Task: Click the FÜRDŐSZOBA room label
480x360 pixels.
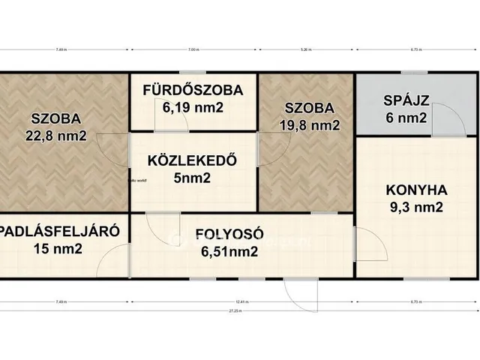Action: (x=193, y=91)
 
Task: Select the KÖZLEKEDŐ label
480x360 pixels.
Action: (x=193, y=160)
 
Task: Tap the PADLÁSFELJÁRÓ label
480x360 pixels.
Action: (x=58, y=231)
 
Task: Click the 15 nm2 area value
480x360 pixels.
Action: (x=58, y=249)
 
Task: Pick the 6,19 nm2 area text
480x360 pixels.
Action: (x=193, y=108)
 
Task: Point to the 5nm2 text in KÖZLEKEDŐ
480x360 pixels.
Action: (x=193, y=178)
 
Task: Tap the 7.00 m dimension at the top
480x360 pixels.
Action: (x=193, y=51)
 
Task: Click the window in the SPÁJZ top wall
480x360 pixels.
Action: (x=409, y=73)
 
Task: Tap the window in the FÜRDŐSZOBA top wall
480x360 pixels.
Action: (x=193, y=73)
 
